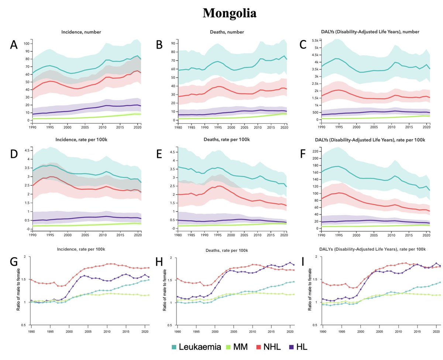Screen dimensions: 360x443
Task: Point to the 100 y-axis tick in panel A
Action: click(x=26, y=44)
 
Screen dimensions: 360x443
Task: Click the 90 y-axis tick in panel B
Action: click(x=172, y=44)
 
